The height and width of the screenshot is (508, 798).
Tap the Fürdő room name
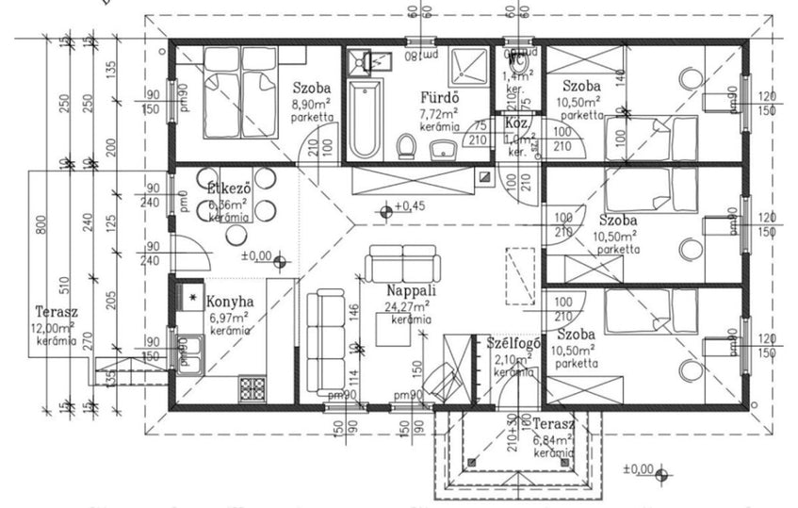pos(439,97)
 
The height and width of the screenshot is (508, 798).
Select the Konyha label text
pos(230,302)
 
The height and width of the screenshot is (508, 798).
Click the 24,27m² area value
pos(408,305)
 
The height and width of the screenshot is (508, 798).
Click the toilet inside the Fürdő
pos(407,146)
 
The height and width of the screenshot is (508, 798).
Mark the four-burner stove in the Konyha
pos(252,388)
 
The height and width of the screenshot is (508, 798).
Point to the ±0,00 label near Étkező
pos(255,254)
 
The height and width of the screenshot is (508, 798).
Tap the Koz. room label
pos(515,123)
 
